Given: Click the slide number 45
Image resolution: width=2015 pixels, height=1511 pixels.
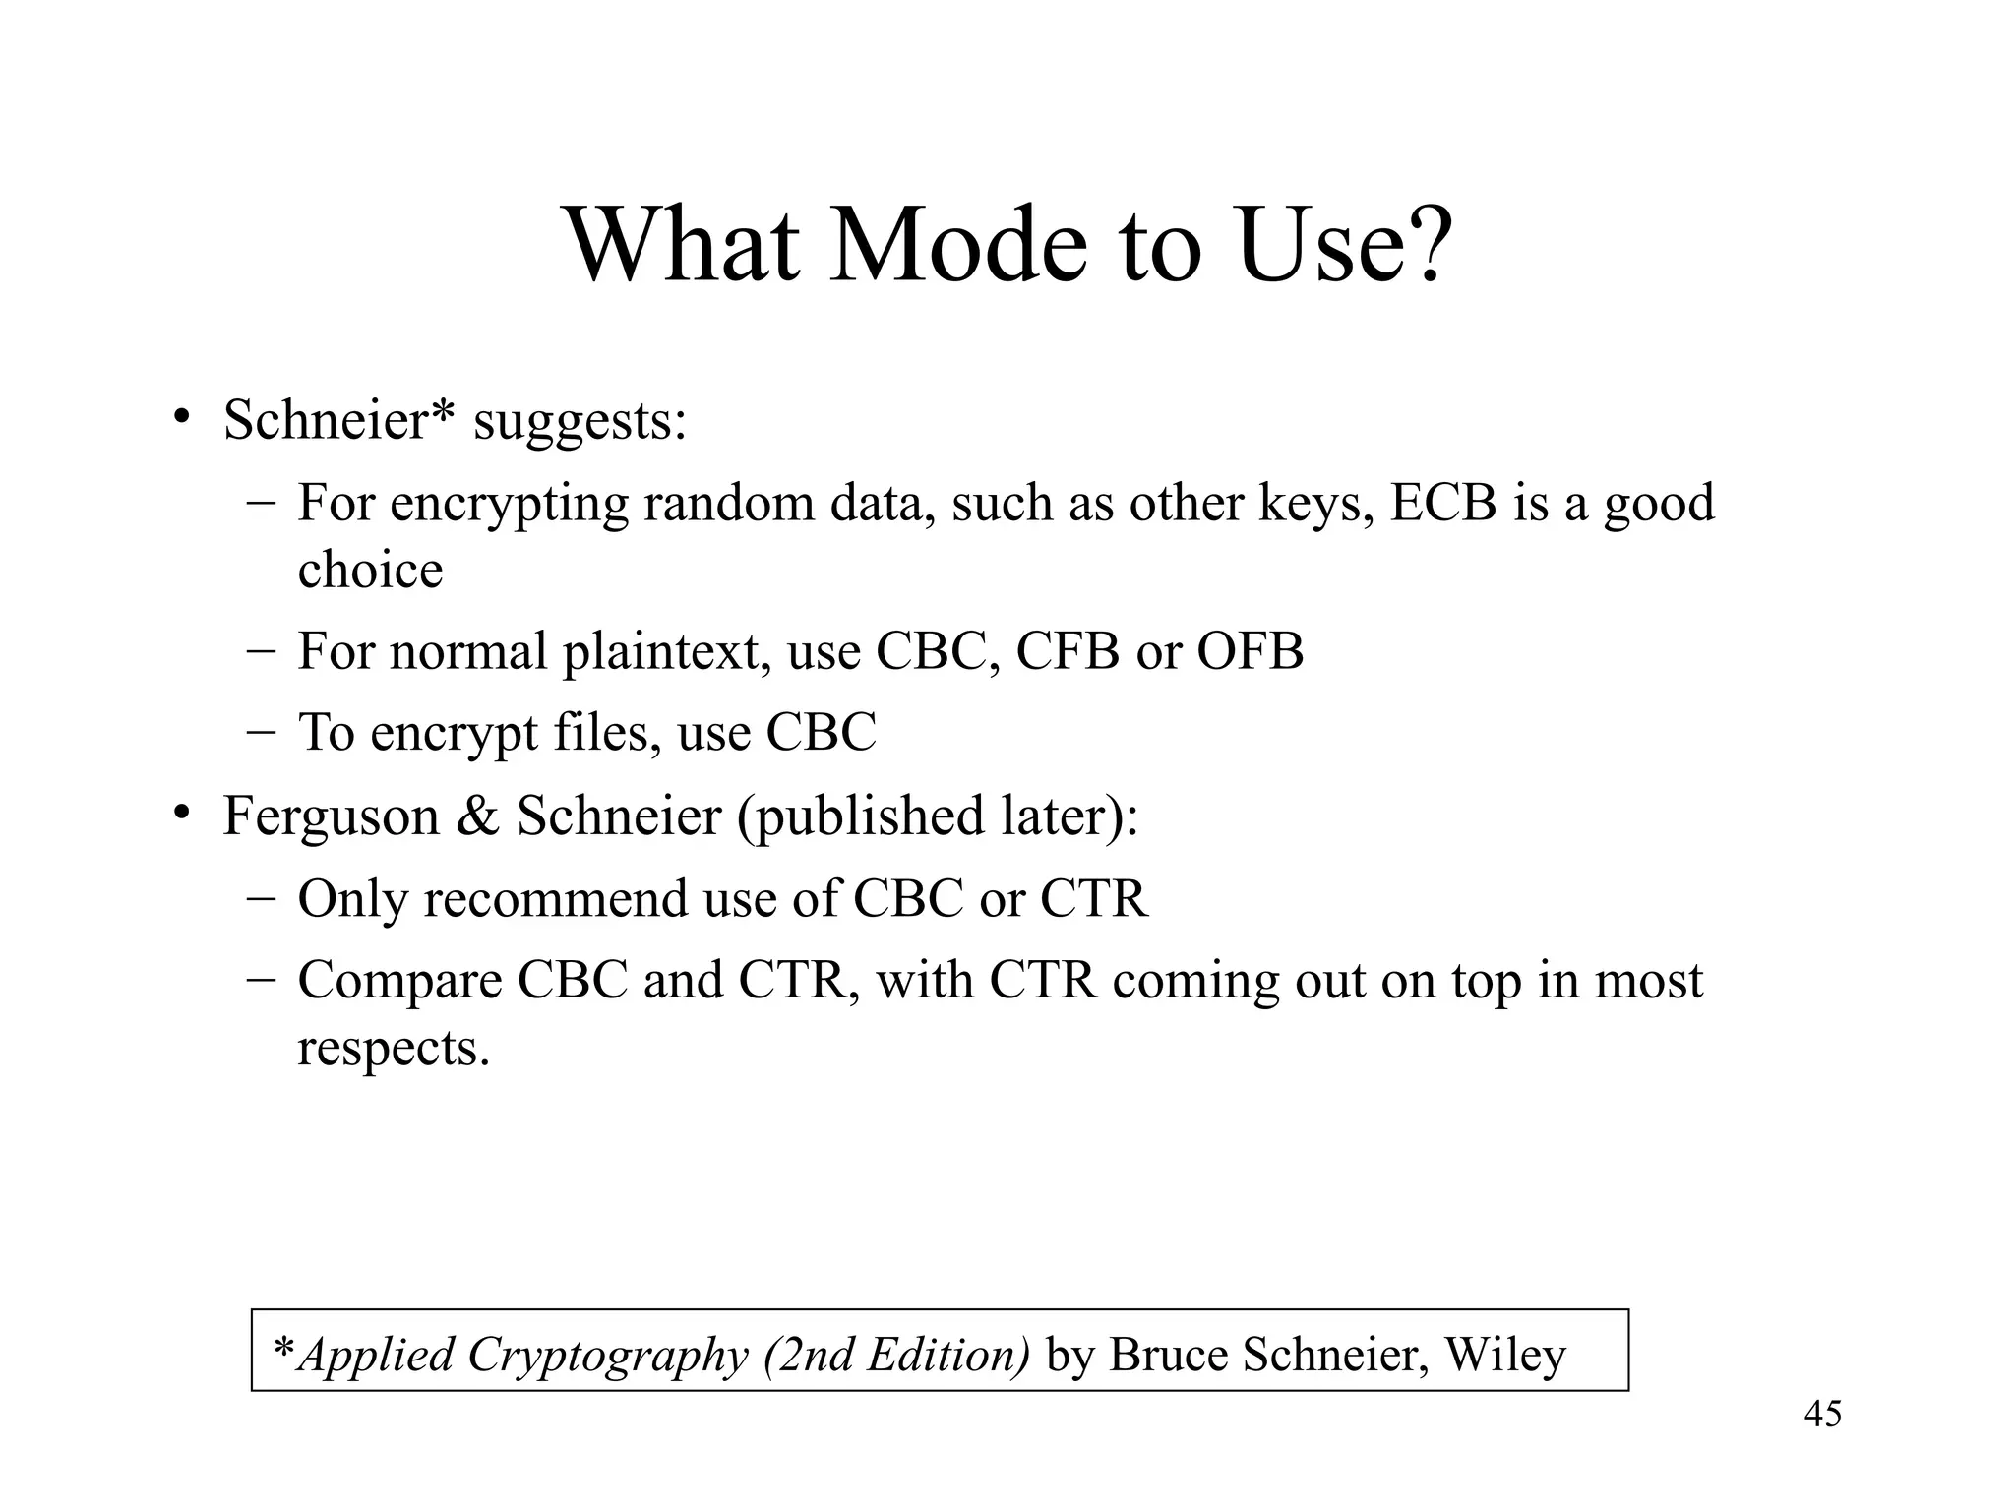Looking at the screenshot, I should click(1822, 1414).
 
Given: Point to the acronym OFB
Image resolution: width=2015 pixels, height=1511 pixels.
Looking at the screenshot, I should click(1250, 651).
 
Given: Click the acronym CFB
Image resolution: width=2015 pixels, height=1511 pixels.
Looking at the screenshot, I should click(1068, 651).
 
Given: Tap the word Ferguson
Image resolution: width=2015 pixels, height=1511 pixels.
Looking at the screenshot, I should click(331, 816).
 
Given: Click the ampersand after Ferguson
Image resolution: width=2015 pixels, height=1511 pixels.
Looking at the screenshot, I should click(477, 816).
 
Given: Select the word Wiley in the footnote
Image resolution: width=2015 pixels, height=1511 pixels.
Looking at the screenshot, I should click(1504, 1355).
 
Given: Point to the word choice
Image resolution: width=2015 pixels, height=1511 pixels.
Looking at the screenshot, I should click(370, 570).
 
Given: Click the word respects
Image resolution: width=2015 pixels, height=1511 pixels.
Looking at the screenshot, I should click(393, 1048).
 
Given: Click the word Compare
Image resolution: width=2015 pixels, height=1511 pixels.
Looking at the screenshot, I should click(399, 982).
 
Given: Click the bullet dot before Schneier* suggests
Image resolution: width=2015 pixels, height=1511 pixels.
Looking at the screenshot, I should click(180, 418).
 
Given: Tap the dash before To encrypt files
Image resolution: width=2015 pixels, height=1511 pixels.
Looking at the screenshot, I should click(262, 732).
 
